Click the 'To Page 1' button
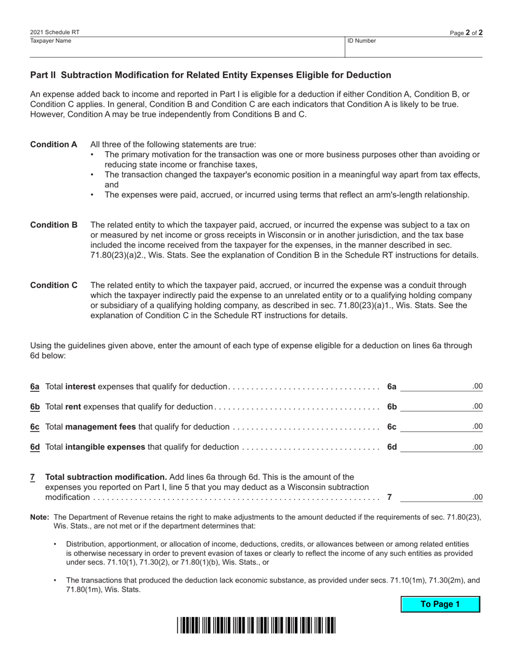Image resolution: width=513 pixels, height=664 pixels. (x=440, y=604)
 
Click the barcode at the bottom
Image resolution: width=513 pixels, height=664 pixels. (x=256, y=625)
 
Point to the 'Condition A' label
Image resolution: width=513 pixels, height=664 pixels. (x=53, y=145)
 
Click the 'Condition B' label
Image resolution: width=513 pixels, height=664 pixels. (x=53, y=225)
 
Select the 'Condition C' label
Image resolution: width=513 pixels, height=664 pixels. (x=53, y=285)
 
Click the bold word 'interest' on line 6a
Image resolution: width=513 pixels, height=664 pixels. (x=80, y=387)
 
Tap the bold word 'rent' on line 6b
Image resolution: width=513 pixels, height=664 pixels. (x=73, y=406)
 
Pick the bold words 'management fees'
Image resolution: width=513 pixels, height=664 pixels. (x=100, y=426)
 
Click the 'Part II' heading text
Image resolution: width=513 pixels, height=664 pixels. (x=211, y=75)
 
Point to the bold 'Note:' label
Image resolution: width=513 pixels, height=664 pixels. (x=39, y=517)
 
